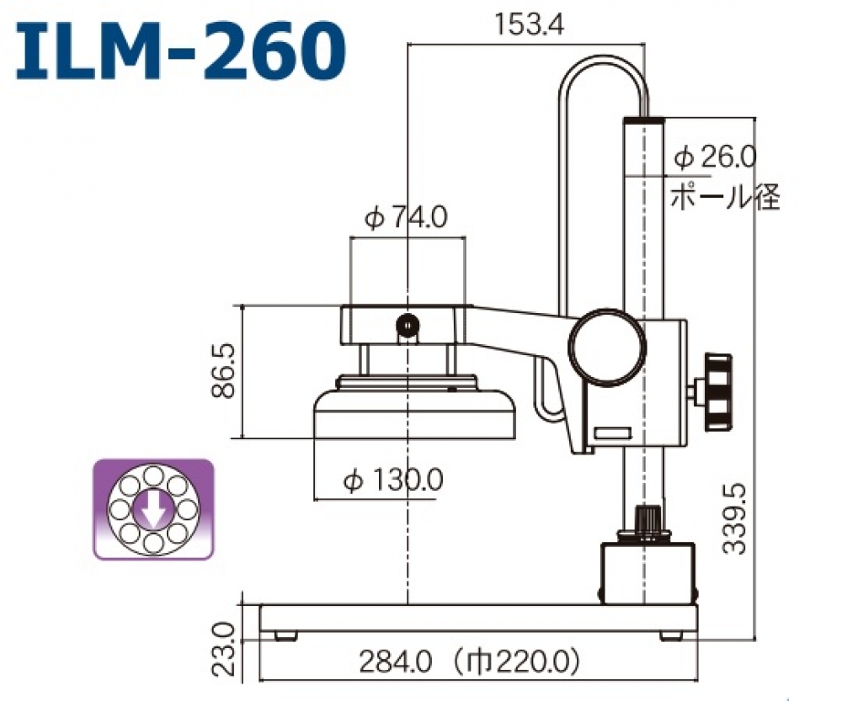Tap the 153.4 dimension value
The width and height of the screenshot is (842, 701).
pos(528,25)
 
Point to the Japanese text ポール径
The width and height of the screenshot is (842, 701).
pos(724,196)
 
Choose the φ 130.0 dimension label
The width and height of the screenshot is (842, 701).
pos(393,481)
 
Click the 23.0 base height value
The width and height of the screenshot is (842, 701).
pos(222,650)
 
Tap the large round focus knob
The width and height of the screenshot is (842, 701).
pos(606,347)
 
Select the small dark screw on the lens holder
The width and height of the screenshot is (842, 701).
pos(408,325)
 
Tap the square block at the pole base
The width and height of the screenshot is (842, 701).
pos(647,572)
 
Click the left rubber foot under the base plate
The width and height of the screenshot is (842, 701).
pos(286,635)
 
